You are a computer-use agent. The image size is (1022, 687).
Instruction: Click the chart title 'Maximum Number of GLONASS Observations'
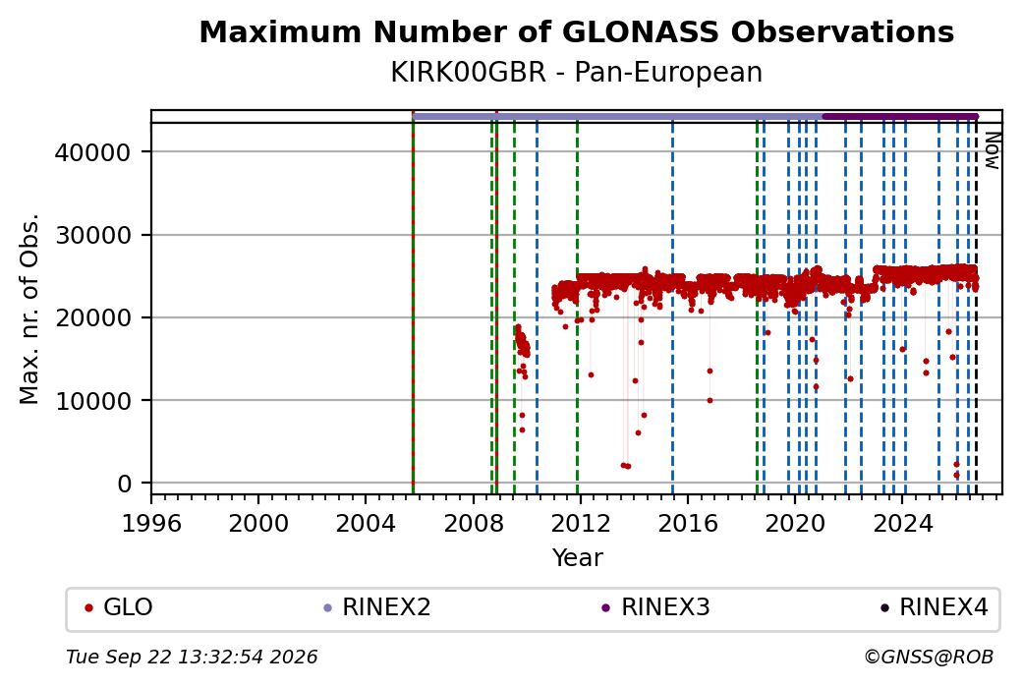tap(576, 31)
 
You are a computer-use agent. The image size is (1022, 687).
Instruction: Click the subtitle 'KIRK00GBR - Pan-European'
tap(576, 73)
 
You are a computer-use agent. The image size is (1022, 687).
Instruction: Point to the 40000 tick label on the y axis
tap(92, 152)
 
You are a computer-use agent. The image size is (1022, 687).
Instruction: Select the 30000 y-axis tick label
tap(92, 235)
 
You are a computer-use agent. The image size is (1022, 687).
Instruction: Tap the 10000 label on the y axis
tap(92, 401)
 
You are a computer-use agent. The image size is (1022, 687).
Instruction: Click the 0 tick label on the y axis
tap(125, 484)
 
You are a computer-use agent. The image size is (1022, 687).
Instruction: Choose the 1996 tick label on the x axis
tap(151, 523)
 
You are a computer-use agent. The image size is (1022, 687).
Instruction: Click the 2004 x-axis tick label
tap(365, 523)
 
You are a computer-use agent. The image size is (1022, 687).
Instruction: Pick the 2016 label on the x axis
tap(687, 523)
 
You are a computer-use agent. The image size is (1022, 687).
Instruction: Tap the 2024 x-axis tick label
tap(902, 523)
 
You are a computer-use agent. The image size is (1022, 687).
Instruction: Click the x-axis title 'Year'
tap(577, 558)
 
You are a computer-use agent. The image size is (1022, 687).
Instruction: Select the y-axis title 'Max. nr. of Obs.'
tap(29, 309)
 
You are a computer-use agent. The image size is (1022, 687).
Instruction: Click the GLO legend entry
tap(119, 607)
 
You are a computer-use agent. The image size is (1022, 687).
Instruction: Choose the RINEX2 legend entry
tap(377, 607)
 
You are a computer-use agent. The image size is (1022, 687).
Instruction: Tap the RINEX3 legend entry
tap(655, 607)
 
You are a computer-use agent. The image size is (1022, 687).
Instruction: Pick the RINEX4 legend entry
tap(935, 607)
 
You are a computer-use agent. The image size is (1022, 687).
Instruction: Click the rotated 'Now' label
tap(992, 150)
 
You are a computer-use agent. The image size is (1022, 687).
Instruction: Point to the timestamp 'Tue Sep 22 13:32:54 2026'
tap(192, 657)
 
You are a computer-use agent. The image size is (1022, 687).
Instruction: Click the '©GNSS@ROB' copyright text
tap(929, 657)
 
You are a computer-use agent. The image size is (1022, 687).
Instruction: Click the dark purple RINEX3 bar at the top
tap(900, 117)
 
